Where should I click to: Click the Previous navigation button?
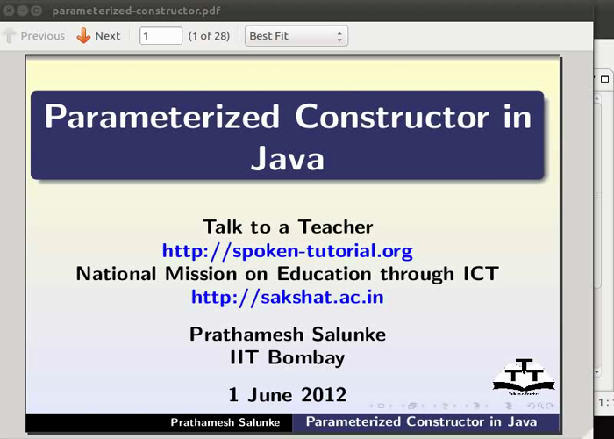tap(34, 36)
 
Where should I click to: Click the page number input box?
tap(161, 36)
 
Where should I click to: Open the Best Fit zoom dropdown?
tap(296, 36)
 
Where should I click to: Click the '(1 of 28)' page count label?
tap(209, 36)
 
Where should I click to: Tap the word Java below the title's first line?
tap(288, 159)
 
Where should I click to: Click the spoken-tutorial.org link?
tap(288, 250)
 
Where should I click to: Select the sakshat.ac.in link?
tap(288, 296)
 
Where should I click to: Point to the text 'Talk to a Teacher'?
tap(288, 227)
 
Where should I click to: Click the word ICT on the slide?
tap(481, 273)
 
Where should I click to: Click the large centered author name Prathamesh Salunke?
tap(288, 335)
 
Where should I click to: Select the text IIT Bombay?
tap(288, 357)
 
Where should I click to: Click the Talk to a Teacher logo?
tap(524, 377)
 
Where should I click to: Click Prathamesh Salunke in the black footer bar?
tap(225, 422)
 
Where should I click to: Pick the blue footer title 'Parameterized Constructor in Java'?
tap(421, 421)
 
